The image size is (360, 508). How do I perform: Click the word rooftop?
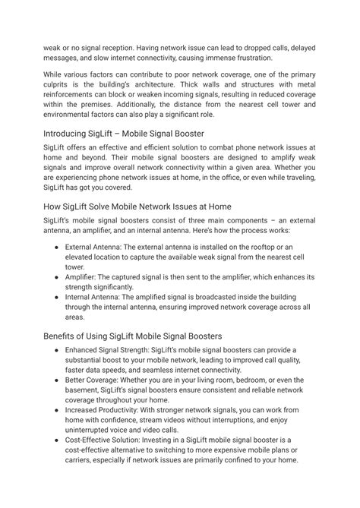[x=275, y=247]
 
